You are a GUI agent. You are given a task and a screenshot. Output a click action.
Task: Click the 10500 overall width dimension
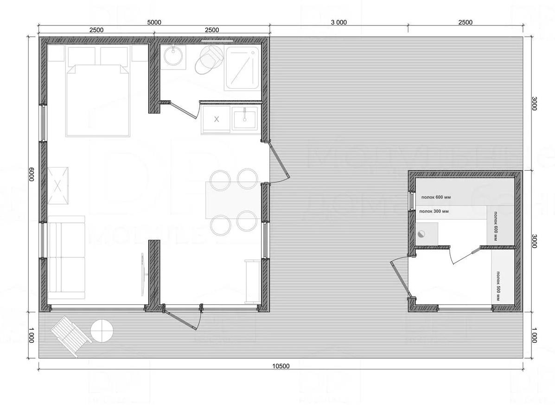point(281,366)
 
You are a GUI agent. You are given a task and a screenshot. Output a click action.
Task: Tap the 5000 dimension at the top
point(154,22)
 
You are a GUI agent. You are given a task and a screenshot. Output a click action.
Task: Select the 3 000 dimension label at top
point(338,22)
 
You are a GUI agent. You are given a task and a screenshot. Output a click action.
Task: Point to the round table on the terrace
point(102,331)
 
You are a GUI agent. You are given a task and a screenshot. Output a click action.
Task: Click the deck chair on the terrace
point(70,335)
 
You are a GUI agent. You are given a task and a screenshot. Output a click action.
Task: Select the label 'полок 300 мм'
point(434,212)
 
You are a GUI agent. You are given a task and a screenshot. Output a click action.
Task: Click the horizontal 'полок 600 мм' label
point(436,197)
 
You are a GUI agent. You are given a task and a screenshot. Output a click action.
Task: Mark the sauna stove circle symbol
point(421,234)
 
